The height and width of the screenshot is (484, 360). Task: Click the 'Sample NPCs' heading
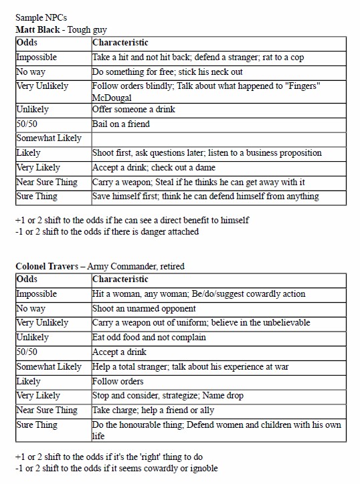pyautogui.click(x=41, y=17)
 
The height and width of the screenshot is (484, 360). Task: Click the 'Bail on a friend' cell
pyautogui.click(x=121, y=124)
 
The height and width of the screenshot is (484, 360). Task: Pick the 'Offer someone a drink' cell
pyautogui.click(x=134, y=109)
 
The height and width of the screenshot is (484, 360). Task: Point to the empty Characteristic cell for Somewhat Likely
pyautogui.click(x=218, y=138)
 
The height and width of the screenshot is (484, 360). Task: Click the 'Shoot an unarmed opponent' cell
pyautogui.click(x=144, y=308)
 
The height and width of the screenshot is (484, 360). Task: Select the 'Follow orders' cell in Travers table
pyautogui.click(x=118, y=381)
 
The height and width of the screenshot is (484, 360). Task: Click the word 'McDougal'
pyautogui.click(x=112, y=97)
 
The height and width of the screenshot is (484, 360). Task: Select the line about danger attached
pyautogui.click(x=107, y=231)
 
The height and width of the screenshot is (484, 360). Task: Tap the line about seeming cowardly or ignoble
pyautogui.click(x=116, y=468)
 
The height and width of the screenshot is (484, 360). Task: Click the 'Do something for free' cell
pyautogui.click(x=167, y=72)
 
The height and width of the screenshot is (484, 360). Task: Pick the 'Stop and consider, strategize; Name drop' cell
pyautogui.click(x=168, y=395)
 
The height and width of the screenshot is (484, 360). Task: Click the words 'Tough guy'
pyautogui.click(x=87, y=29)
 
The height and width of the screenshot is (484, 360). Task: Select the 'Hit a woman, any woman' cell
pyautogui.click(x=198, y=294)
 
